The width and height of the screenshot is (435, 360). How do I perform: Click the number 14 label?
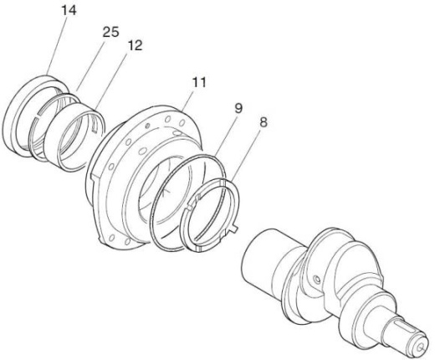(69, 11)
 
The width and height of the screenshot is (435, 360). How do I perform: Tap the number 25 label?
(110, 32)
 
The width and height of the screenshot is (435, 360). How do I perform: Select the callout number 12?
(135, 45)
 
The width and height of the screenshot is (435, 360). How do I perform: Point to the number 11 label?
(199, 82)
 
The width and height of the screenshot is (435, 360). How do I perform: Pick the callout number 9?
(238, 108)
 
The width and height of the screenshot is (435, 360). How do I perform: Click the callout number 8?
(264, 122)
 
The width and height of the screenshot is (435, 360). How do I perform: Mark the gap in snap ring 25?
(38, 117)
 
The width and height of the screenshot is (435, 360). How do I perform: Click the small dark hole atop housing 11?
(148, 126)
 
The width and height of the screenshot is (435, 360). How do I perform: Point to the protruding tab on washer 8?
(233, 228)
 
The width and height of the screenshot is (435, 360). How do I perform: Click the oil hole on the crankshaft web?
(317, 279)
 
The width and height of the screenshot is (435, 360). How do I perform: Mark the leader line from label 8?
(245, 154)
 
